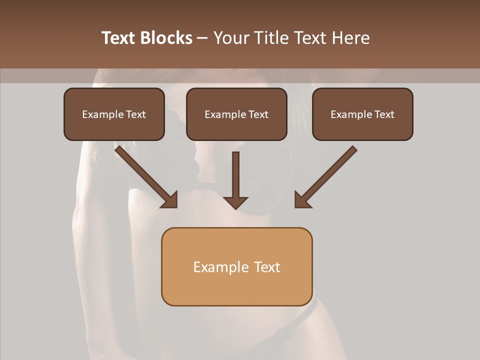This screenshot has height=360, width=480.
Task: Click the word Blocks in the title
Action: pyautogui.click(x=166, y=38)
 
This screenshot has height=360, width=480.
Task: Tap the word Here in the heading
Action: pyautogui.click(x=350, y=38)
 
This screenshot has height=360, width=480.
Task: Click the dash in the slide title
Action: pyautogui.click(x=202, y=38)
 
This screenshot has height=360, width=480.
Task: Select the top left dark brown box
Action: pyautogui.click(x=114, y=114)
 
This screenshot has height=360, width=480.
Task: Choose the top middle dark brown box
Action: pyautogui.click(x=236, y=114)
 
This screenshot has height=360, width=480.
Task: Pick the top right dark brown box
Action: pyautogui.click(x=362, y=114)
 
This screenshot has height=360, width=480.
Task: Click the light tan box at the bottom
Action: pyautogui.click(x=236, y=266)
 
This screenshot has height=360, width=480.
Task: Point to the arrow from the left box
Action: pyautogui.click(x=145, y=175)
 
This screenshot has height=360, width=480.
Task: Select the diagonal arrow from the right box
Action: pyautogui.click(x=327, y=175)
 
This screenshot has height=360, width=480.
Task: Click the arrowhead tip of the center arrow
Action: pyautogui.click(x=235, y=207)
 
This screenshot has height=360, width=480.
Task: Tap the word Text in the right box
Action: pyautogui.click(x=384, y=114)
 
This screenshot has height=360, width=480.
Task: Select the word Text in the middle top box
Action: pyautogui.click(x=258, y=114)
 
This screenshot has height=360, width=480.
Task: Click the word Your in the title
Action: pyautogui.click(x=230, y=38)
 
